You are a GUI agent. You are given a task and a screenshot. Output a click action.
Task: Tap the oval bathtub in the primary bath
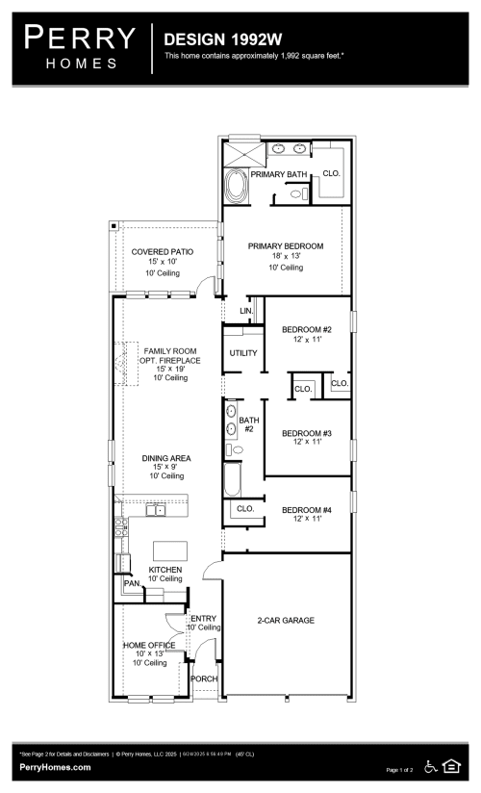point(236,186)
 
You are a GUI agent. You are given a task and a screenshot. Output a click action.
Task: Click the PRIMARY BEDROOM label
point(286,246)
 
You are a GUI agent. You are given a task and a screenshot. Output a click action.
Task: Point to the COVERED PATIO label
point(163,251)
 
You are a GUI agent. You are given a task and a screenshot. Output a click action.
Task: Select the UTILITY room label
point(243,353)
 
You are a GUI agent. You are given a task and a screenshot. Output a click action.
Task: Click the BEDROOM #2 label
point(307,330)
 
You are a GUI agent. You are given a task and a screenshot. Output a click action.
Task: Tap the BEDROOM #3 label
point(307,434)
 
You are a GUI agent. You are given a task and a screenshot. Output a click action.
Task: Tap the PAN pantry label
point(131,583)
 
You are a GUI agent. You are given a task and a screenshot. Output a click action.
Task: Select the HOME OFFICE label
point(149,644)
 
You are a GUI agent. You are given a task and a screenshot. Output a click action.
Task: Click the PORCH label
point(204,678)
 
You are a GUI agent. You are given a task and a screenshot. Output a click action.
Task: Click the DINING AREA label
point(165,458)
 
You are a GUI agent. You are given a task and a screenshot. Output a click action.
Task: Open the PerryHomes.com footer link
point(56,767)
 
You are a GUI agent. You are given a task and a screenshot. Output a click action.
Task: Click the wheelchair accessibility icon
point(431,767)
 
